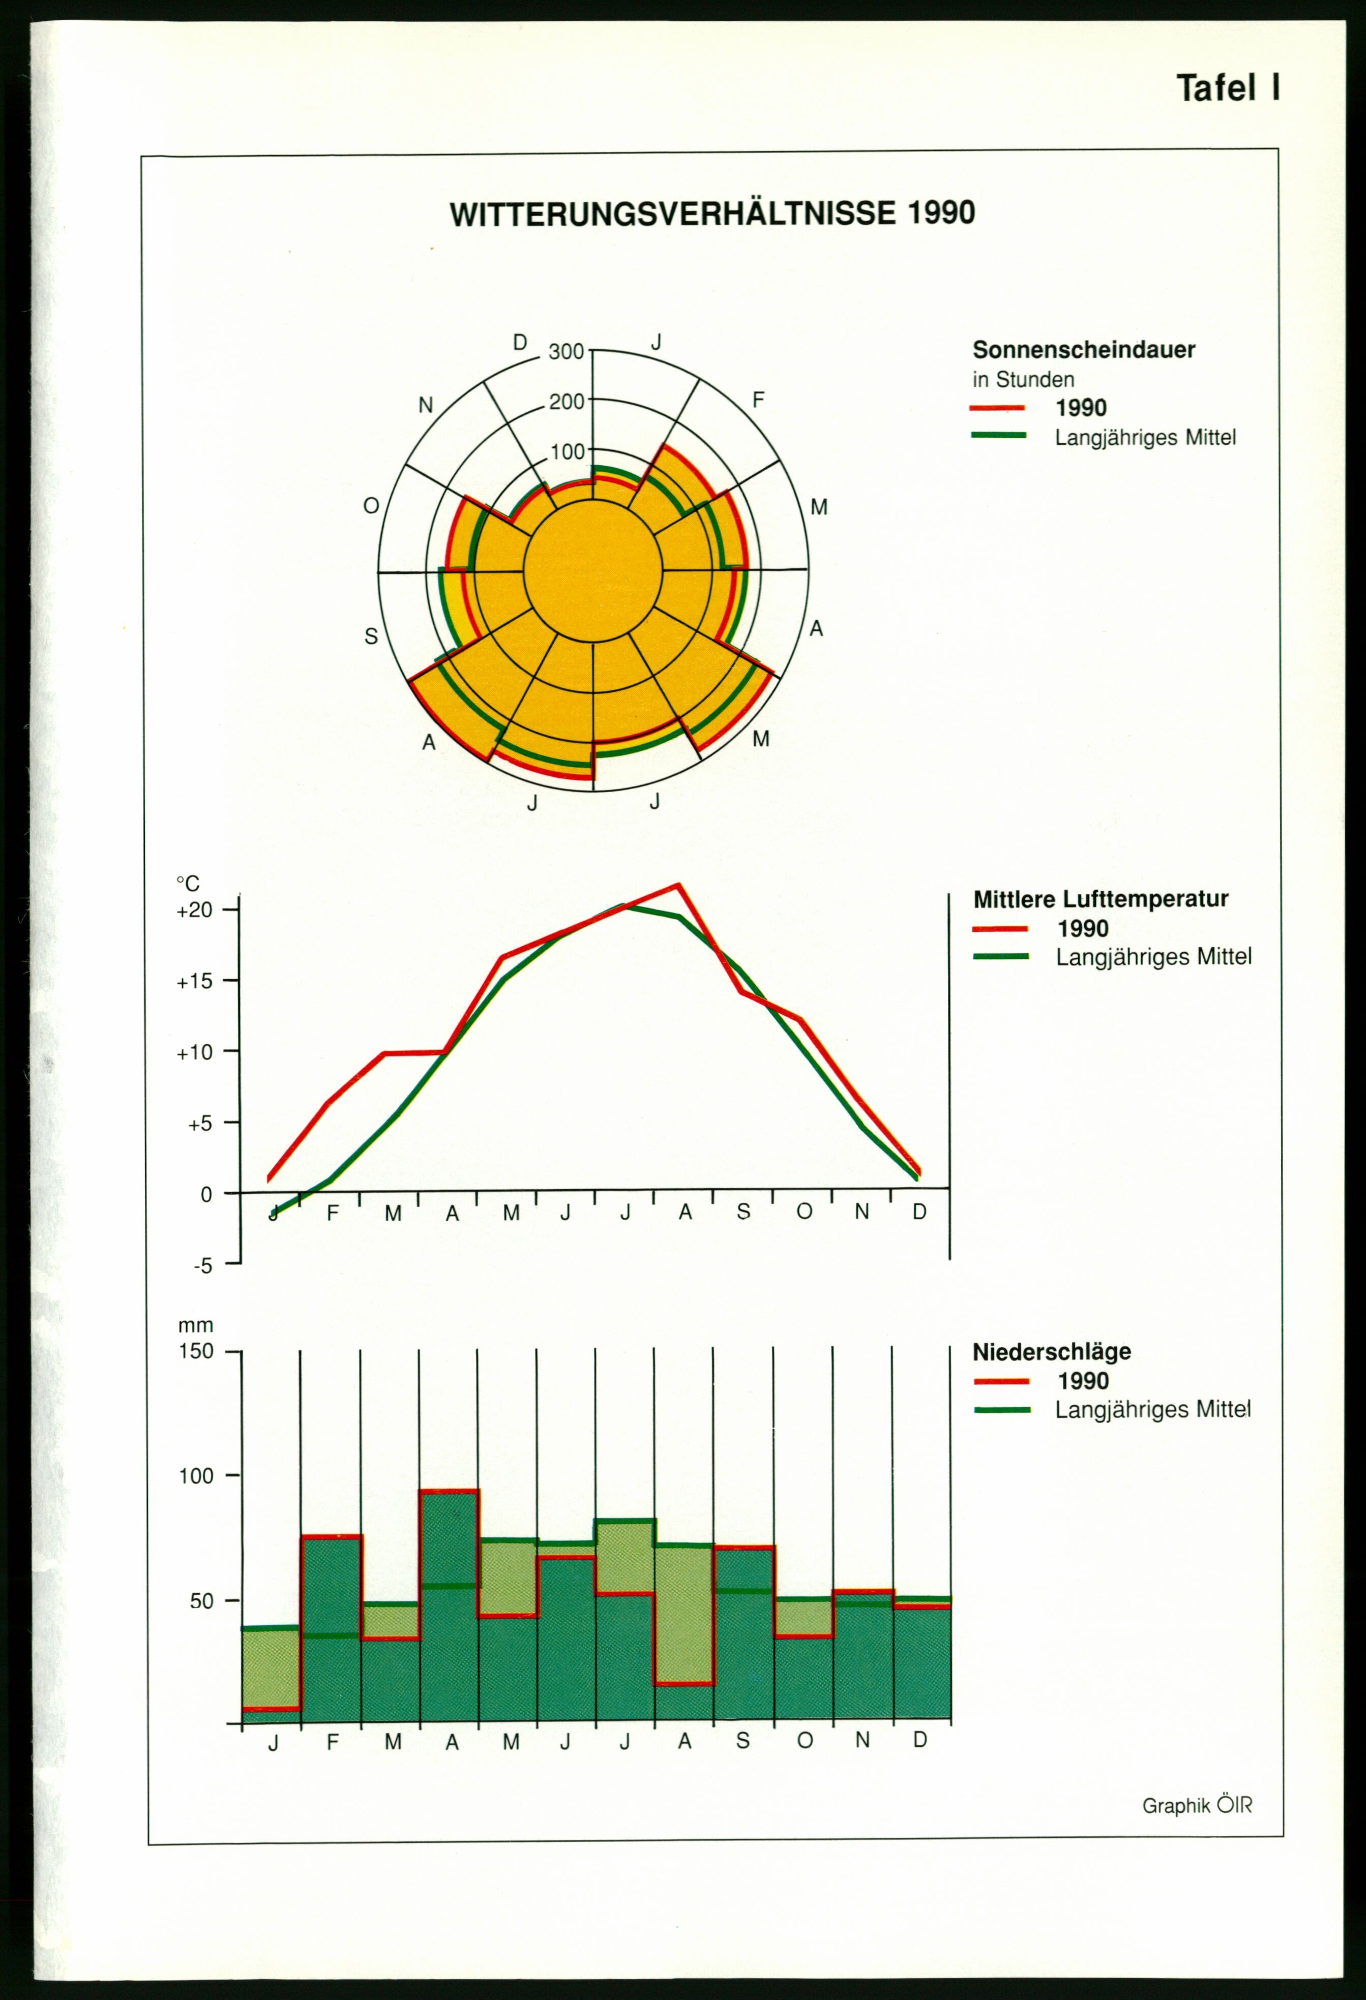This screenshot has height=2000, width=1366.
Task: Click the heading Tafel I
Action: (x=1228, y=88)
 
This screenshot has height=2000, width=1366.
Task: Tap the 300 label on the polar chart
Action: (x=567, y=351)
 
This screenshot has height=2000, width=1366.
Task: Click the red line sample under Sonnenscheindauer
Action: (x=998, y=408)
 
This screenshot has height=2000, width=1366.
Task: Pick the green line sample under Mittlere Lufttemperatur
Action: (x=1000, y=956)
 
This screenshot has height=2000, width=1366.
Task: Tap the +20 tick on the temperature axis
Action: (x=195, y=911)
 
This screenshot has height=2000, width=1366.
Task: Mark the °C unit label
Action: (x=188, y=884)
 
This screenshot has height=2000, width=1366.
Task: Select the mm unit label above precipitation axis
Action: (x=195, y=1326)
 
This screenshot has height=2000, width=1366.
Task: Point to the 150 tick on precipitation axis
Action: (x=196, y=1351)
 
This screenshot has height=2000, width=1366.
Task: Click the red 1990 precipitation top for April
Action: (x=449, y=1491)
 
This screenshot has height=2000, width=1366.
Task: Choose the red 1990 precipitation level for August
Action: (x=684, y=1684)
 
